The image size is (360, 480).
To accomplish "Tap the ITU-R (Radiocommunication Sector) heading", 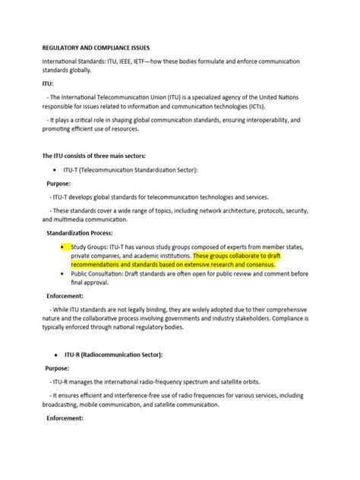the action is click(x=118, y=355).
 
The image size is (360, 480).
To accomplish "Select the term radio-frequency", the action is click(x=159, y=382).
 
